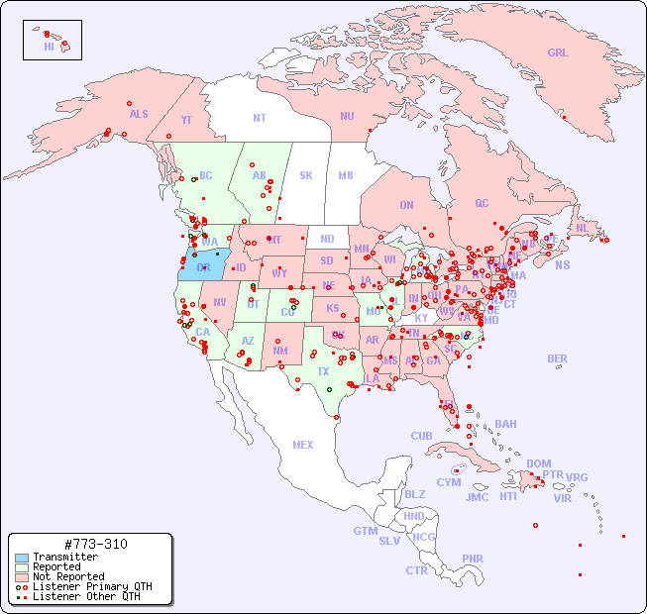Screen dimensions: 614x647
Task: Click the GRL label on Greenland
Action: pos(558,53)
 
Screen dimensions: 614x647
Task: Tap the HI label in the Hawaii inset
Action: pos(49,47)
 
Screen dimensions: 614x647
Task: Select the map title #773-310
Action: pos(94,545)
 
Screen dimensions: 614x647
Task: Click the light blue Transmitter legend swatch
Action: pos(21,558)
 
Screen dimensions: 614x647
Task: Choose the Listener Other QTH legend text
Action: pos(86,597)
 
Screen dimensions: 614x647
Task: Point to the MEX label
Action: pos(303,445)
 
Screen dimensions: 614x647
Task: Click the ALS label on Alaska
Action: pos(139,115)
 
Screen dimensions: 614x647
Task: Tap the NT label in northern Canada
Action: pos(260,118)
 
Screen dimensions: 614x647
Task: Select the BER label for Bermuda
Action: pos(558,358)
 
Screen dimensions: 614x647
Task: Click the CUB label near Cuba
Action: pos(422,436)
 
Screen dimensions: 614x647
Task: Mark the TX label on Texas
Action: pos(323,371)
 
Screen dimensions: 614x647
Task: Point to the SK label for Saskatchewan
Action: pos(306,176)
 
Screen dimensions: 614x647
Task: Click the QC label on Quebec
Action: pos(482,204)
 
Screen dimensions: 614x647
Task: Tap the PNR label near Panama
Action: pos(473,559)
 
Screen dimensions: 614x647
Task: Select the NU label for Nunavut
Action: pos(347,117)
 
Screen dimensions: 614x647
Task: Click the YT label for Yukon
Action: pos(186,120)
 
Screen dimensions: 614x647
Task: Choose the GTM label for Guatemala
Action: pos(365,531)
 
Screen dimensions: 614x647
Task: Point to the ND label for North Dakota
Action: pos(327,239)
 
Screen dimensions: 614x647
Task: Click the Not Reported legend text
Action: pos(68,577)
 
